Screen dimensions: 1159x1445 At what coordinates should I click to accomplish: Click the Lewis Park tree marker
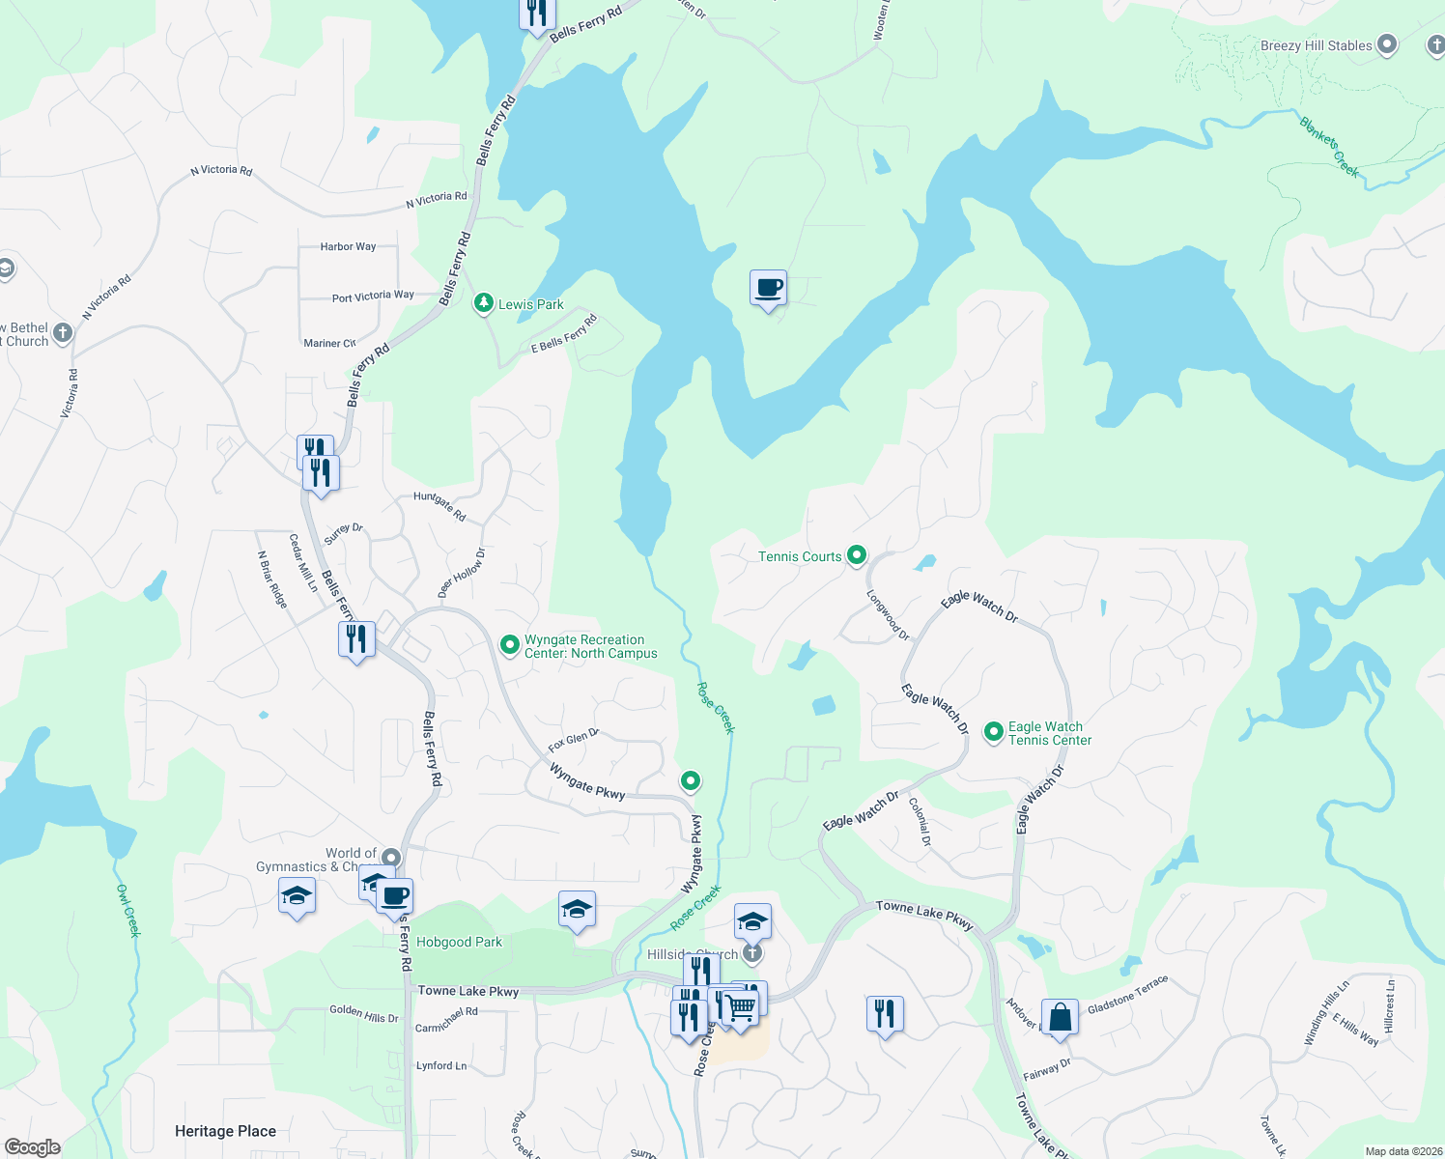click(483, 303)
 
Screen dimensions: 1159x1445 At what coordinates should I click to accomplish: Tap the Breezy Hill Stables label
click(1316, 45)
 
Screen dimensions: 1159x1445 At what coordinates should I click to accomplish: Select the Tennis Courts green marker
click(856, 555)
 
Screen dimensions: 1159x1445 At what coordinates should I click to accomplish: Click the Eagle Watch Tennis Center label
click(1049, 734)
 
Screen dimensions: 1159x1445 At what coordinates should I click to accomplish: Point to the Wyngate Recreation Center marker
click(509, 644)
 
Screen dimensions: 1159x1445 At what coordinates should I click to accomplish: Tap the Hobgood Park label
click(459, 942)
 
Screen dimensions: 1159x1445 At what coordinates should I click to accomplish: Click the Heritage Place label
click(225, 1131)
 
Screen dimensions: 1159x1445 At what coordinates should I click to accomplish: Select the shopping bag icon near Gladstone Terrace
click(1060, 1018)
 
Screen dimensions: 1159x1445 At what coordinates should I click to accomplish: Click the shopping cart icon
click(741, 1007)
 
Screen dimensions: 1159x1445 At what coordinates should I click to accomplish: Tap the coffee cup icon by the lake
click(768, 288)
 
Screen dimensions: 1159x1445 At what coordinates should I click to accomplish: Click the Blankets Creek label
click(1329, 148)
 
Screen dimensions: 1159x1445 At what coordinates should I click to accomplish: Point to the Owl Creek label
click(128, 910)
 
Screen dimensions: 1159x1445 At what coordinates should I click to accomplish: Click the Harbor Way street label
click(348, 247)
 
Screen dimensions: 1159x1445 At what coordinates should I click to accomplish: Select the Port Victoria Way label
click(373, 297)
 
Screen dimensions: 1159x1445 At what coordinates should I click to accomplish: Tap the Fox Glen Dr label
click(574, 741)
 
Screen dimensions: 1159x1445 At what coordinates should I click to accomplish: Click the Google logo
click(33, 1147)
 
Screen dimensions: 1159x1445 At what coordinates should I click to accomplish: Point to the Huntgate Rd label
click(439, 506)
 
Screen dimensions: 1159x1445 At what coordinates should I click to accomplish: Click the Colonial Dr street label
click(921, 822)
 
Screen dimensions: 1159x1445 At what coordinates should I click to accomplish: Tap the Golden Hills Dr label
click(364, 1013)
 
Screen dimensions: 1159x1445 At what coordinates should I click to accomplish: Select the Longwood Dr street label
click(888, 615)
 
